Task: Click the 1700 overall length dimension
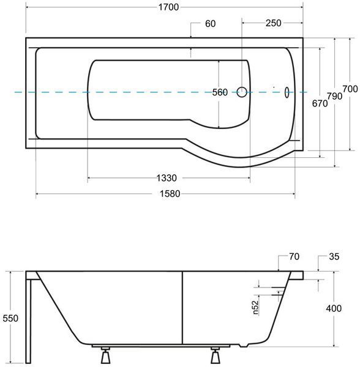click(x=168, y=7)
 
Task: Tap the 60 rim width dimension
click(x=210, y=24)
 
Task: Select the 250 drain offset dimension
click(x=273, y=23)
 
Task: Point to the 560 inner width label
click(x=220, y=92)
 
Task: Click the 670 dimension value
click(x=320, y=103)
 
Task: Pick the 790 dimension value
click(x=334, y=96)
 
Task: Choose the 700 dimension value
click(x=350, y=89)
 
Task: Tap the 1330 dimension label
click(x=167, y=178)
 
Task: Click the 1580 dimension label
click(x=170, y=194)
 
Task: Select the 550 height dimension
click(x=10, y=318)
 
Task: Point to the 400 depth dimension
click(x=334, y=308)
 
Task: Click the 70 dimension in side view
click(x=294, y=256)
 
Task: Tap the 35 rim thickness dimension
click(x=334, y=256)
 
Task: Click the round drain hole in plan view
click(x=242, y=92)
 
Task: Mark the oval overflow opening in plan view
click(x=287, y=92)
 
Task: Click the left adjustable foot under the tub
click(x=105, y=355)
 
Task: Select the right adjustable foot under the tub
click(x=216, y=355)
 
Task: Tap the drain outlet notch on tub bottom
click(x=244, y=345)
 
